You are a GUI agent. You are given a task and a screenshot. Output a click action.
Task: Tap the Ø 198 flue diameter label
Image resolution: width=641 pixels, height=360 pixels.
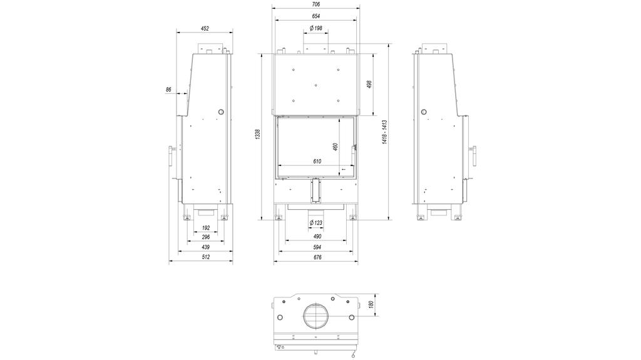click(x=315, y=29)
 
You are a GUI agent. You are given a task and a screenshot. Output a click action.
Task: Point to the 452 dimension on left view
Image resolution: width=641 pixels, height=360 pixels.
click(x=205, y=28)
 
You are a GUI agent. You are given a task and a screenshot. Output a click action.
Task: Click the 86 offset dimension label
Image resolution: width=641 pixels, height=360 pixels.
click(x=168, y=90)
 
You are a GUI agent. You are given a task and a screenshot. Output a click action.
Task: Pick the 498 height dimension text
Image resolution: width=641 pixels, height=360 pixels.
click(x=369, y=84)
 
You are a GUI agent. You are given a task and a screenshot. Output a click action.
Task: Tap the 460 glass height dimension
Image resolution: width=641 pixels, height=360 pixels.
click(x=336, y=147)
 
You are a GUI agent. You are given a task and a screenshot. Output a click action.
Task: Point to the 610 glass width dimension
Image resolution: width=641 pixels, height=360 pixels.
click(x=317, y=162)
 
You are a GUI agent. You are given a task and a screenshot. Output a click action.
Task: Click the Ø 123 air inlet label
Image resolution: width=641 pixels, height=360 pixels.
click(x=315, y=223)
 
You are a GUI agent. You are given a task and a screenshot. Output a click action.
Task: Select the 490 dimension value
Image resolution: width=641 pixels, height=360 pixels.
click(x=317, y=236)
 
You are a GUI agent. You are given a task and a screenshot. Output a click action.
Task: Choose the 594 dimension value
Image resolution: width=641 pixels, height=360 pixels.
click(x=317, y=247)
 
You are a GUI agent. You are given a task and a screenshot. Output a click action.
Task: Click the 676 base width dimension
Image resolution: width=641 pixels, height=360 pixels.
click(x=317, y=258)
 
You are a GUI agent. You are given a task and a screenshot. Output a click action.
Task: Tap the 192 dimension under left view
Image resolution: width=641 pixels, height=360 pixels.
click(x=205, y=228)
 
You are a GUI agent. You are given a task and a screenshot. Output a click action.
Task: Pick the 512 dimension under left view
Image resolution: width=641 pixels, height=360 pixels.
click(x=205, y=258)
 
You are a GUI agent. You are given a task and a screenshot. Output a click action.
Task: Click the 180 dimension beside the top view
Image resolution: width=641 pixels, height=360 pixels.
click(x=371, y=305)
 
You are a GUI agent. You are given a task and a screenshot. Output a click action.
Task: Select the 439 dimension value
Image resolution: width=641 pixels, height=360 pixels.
click(x=205, y=247)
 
